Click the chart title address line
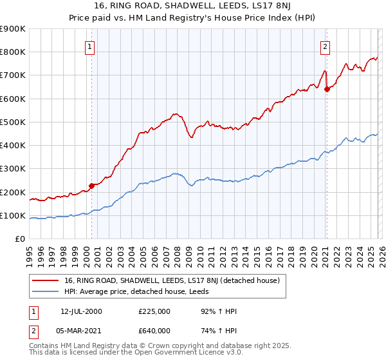193,6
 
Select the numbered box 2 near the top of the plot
326,46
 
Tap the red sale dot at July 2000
91,186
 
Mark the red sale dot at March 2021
327,89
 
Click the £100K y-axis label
13,215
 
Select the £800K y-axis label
13,52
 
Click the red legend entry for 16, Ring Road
171,280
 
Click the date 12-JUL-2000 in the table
81,311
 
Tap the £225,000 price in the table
154,311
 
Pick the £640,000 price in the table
154,330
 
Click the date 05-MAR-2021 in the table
81,330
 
